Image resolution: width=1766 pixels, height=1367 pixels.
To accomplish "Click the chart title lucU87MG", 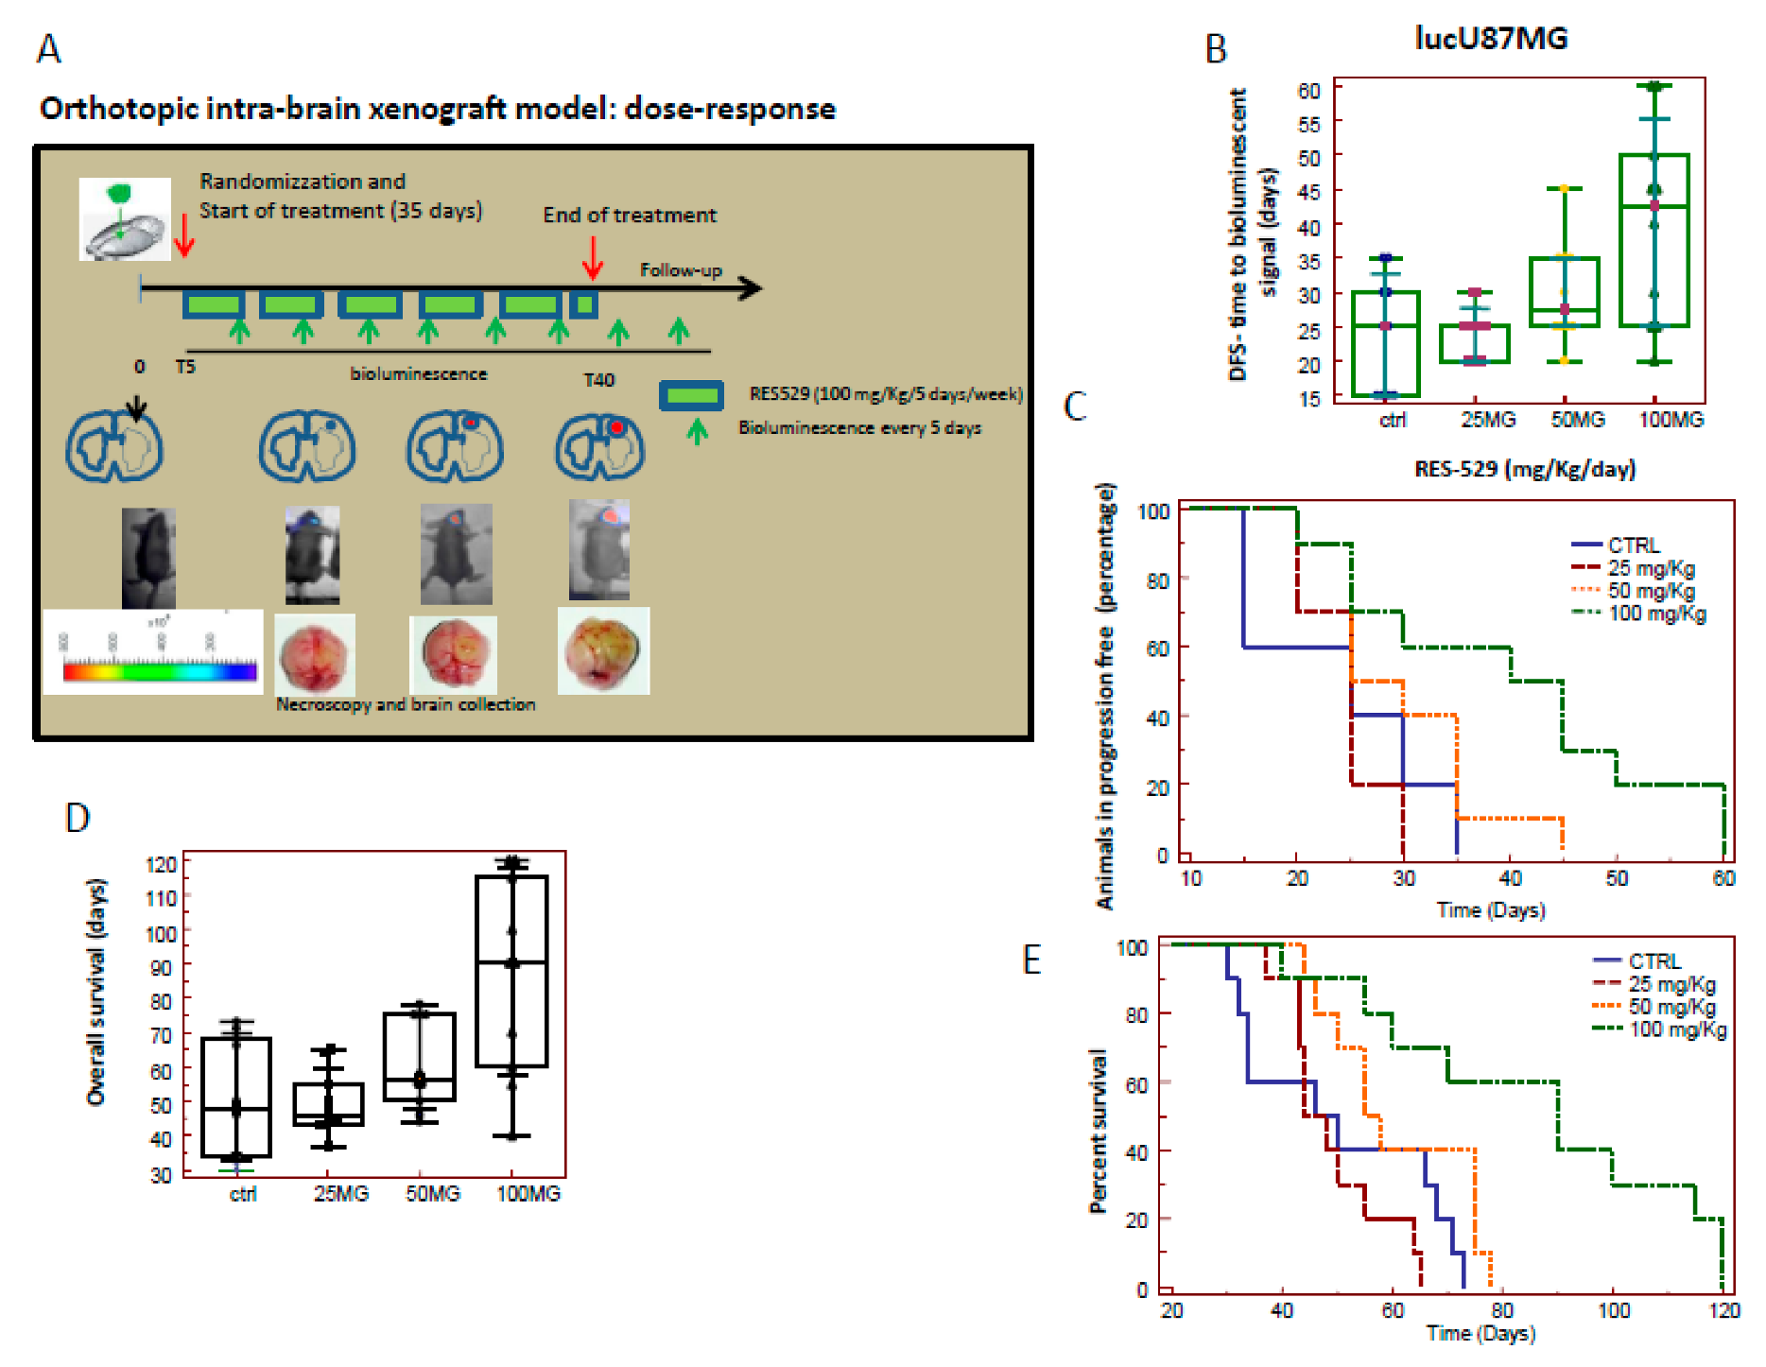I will click(1491, 38).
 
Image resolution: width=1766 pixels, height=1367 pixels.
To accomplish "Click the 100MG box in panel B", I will click(1653, 240).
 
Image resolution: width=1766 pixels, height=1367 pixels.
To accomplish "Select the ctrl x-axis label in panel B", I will click(1393, 420).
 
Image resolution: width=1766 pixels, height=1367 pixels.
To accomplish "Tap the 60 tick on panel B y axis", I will click(1309, 91).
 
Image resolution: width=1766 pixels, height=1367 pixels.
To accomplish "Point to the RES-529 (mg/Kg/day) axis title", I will click(1524, 469).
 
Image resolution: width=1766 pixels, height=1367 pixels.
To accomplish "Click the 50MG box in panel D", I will click(420, 1056).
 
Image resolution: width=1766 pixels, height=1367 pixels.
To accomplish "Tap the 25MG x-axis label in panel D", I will click(341, 1194).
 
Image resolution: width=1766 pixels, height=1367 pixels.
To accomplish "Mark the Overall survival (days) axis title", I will click(96, 992).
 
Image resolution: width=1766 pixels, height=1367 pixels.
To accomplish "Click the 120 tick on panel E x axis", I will click(1724, 1310).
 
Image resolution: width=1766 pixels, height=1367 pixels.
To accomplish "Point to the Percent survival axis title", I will click(1098, 1131).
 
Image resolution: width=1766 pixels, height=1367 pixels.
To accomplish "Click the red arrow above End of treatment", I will click(593, 256).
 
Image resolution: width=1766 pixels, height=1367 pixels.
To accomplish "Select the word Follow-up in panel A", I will click(681, 270).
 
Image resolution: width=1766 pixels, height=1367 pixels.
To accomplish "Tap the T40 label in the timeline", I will click(598, 380).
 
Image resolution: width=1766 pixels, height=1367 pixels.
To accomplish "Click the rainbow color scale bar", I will click(160, 672).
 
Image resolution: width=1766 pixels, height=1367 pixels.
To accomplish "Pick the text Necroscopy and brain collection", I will click(406, 704).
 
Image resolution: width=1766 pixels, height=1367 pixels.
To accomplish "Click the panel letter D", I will click(78, 818).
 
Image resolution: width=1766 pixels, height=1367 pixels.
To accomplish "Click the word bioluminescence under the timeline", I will click(419, 374).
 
